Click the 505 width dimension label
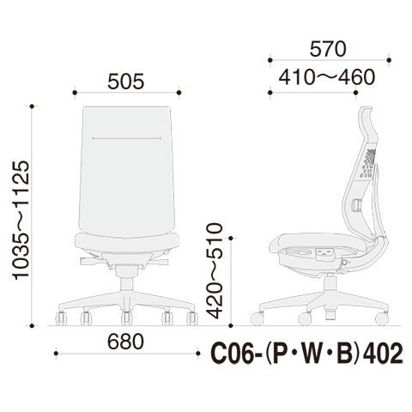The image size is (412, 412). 126,82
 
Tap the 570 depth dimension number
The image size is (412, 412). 328,49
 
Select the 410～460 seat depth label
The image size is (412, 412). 326,77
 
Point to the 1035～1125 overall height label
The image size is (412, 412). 21,221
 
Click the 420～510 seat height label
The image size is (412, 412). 215,270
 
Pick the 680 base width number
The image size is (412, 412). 125,342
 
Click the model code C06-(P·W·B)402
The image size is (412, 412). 306,354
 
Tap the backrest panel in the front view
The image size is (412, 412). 126,171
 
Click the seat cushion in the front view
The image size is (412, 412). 127,243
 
